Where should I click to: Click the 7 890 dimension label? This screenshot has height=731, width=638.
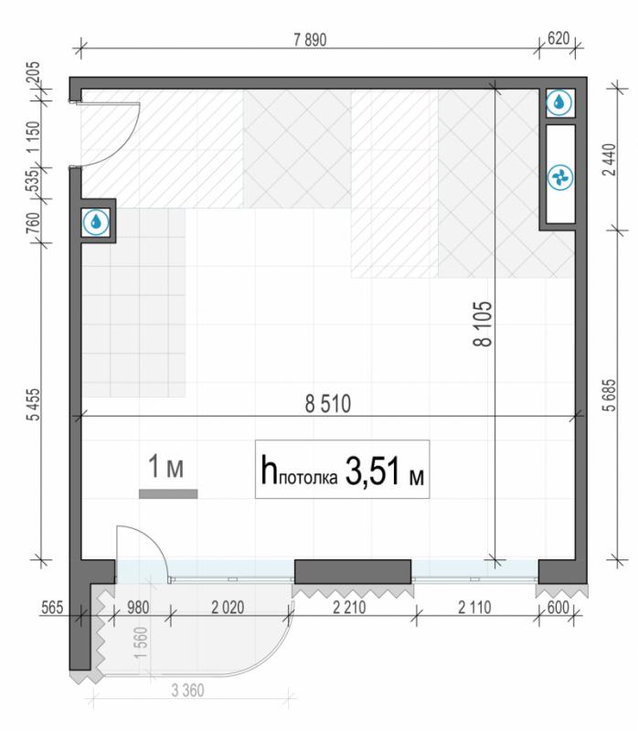coord(310,40)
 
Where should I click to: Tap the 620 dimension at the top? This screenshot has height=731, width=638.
coord(558,38)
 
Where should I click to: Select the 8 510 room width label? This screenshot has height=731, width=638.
coord(328,404)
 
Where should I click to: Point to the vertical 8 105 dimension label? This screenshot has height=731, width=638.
coord(483,323)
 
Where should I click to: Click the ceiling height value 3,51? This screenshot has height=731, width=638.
coord(373,471)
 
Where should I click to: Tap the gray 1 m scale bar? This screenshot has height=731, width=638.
coord(168,494)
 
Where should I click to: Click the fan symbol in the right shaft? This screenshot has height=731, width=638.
coord(560,177)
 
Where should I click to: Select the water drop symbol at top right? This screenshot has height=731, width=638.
coord(559,102)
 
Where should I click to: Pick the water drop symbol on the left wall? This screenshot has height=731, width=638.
coord(96,222)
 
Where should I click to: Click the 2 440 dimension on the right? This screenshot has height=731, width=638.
coord(610,159)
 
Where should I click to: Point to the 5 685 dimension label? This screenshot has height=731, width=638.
coord(610,396)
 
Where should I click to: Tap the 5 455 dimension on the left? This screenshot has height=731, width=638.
coord(34,405)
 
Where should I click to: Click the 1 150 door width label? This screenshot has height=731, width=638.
coord(34,136)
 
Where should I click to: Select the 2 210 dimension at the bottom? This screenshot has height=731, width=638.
coord(349,608)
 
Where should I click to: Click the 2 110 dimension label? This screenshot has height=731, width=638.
coord(474,608)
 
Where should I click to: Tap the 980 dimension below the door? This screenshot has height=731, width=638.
coord(139,608)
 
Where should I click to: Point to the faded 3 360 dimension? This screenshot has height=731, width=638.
coord(187,691)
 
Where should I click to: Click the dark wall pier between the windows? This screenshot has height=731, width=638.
coord(353,572)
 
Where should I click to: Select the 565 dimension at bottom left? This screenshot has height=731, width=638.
coord(52,609)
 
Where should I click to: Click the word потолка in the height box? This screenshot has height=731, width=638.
coord(308,478)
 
